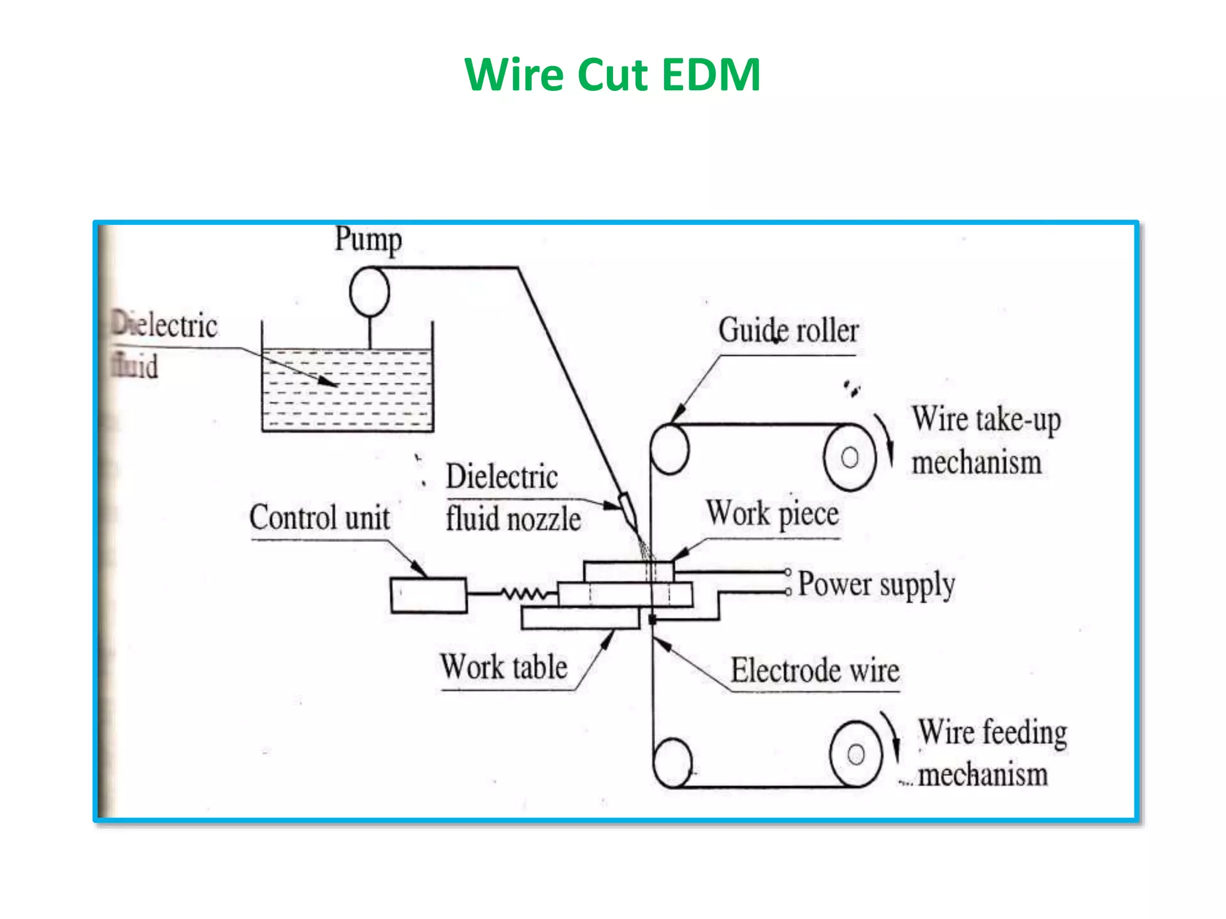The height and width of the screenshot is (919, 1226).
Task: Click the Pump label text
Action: tap(368, 239)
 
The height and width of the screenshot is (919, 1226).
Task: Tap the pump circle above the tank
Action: tap(369, 291)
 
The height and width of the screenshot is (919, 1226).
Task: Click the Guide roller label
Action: tap(788, 330)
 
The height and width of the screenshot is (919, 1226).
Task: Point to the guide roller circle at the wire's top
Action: tap(669, 449)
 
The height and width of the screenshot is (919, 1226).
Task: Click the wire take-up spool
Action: tap(849, 457)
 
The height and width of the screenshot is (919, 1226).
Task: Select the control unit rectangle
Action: tap(428, 595)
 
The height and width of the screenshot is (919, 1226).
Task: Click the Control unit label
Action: tap(319, 518)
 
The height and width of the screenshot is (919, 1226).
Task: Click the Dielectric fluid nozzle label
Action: tap(512, 497)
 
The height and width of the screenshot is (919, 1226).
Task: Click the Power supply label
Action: tap(876, 584)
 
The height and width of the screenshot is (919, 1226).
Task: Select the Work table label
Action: tap(504, 667)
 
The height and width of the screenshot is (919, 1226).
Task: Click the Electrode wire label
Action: tap(815, 670)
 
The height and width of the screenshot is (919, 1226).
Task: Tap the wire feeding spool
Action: tap(856, 754)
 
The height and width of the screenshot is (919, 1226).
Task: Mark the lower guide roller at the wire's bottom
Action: tap(672, 763)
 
